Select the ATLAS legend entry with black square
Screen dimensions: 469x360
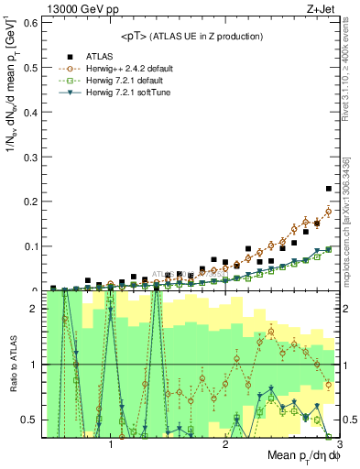pos(95,56)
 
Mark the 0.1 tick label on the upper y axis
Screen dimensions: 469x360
pos(31,245)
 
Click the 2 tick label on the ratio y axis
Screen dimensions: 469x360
pos(34,308)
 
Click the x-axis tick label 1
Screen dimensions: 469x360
pos(111,444)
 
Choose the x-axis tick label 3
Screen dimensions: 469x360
pos(338,444)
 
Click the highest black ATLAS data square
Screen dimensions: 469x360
pos(329,189)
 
